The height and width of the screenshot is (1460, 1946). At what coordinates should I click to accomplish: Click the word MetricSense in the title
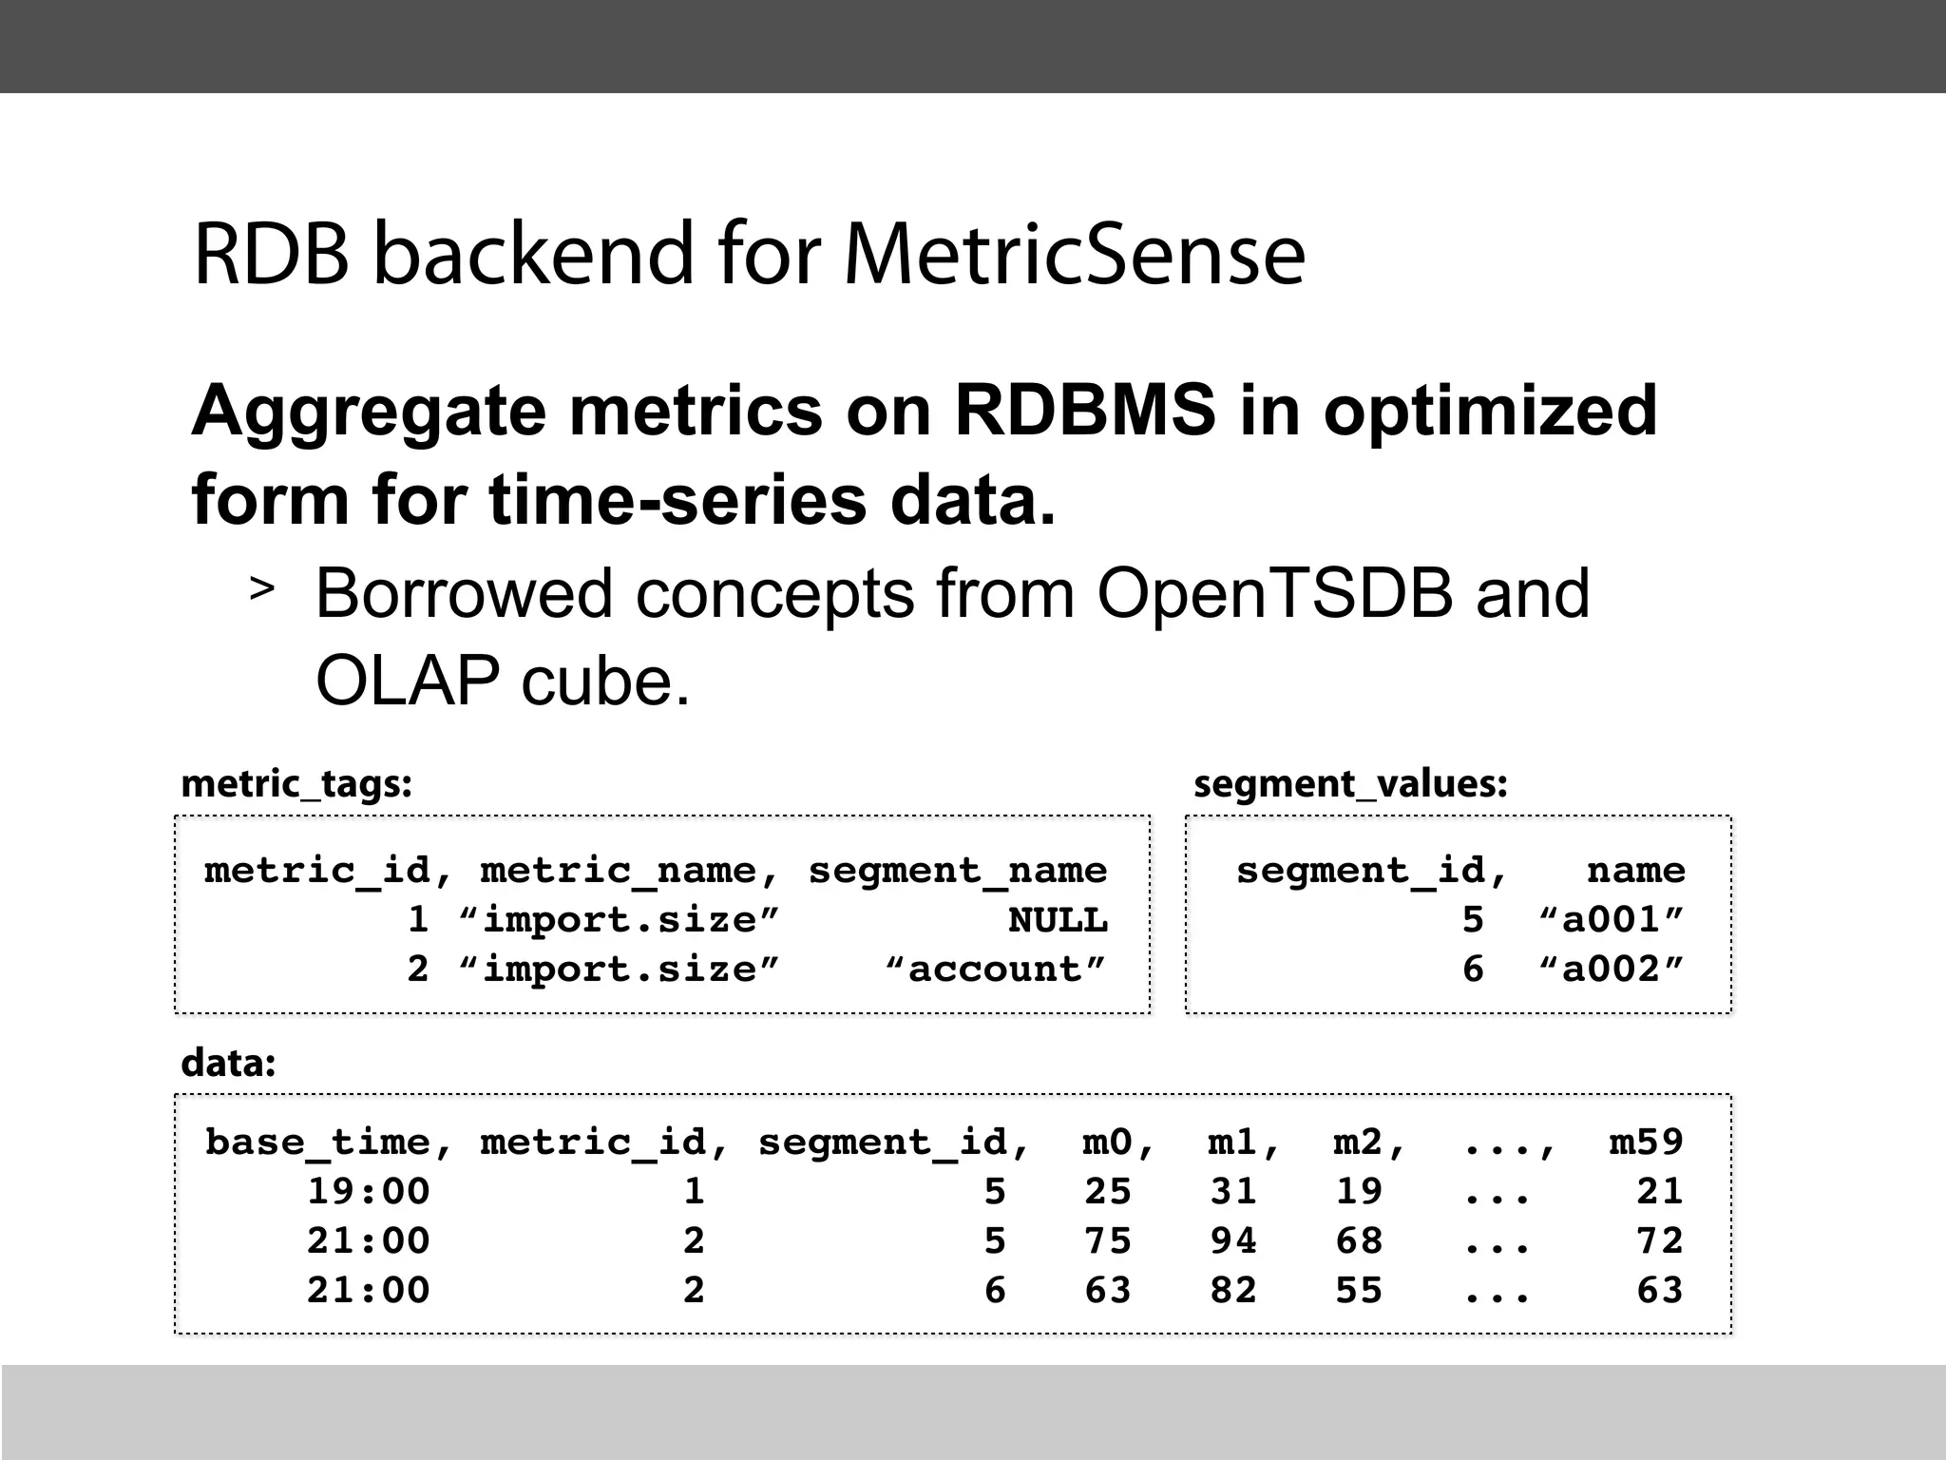(1074, 254)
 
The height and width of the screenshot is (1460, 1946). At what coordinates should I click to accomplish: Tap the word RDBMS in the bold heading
(1084, 410)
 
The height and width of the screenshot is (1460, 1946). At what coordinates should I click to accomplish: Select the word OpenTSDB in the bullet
(1274, 593)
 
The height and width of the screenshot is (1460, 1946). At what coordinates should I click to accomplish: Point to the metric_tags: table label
(296, 784)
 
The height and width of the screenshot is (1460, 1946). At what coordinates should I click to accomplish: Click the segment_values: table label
(1350, 784)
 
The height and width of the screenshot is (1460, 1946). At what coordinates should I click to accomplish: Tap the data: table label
(228, 1062)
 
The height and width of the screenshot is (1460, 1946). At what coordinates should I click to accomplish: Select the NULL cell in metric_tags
(1058, 920)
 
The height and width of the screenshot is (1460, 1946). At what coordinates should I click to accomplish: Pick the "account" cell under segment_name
(996, 970)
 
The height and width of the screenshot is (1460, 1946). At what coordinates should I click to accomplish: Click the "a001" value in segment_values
(1611, 920)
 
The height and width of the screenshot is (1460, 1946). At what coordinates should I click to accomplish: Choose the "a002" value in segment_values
(1611, 970)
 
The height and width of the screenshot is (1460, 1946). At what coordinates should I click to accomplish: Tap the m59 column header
(1646, 1142)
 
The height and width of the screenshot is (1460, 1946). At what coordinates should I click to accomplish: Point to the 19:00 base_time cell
(369, 1192)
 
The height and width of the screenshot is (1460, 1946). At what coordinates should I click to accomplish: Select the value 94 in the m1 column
(1233, 1241)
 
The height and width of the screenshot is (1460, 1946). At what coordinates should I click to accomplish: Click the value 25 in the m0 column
(1108, 1192)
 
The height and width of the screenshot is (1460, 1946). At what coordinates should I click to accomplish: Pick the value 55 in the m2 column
(1359, 1291)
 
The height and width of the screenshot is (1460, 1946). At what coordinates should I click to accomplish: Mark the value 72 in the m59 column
(1659, 1241)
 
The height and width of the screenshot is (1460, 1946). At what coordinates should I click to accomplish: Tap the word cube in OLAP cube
(604, 681)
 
